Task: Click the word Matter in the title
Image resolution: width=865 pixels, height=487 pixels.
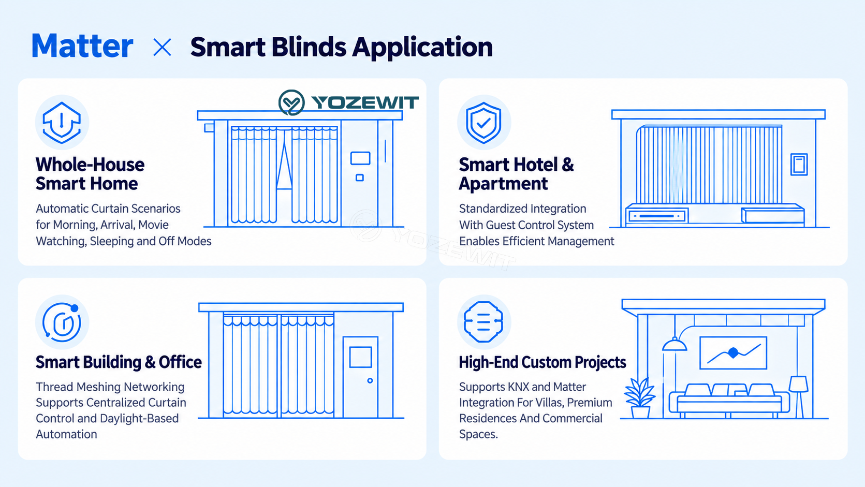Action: tap(82, 46)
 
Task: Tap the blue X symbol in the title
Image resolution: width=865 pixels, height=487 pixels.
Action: tap(162, 48)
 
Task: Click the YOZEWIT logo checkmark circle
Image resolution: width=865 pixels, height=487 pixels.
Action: tap(291, 102)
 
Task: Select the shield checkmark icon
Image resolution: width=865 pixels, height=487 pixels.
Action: tap(484, 123)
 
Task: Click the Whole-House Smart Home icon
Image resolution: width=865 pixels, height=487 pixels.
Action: tap(62, 123)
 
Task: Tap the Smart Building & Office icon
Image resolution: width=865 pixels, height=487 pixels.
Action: tap(62, 322)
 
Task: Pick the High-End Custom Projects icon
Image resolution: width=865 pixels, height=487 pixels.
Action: tap(483, 322)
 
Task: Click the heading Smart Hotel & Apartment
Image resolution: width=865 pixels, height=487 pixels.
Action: tap(516, 174)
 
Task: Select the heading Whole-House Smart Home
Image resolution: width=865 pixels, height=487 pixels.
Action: tap(90, 174)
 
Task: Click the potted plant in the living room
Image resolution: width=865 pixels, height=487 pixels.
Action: tap(640, 398)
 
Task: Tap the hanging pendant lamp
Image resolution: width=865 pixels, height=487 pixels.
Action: tap(675, 344)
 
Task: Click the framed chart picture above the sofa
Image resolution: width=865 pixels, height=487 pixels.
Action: tap(734, 352)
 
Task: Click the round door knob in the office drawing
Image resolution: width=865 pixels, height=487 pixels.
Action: tap(370, 380)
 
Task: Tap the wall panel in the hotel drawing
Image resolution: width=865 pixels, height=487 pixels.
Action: tap(799, 164)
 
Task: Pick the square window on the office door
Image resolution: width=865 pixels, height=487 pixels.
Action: tap(361, 357)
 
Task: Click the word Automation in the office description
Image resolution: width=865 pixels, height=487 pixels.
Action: tap(66, 434)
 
